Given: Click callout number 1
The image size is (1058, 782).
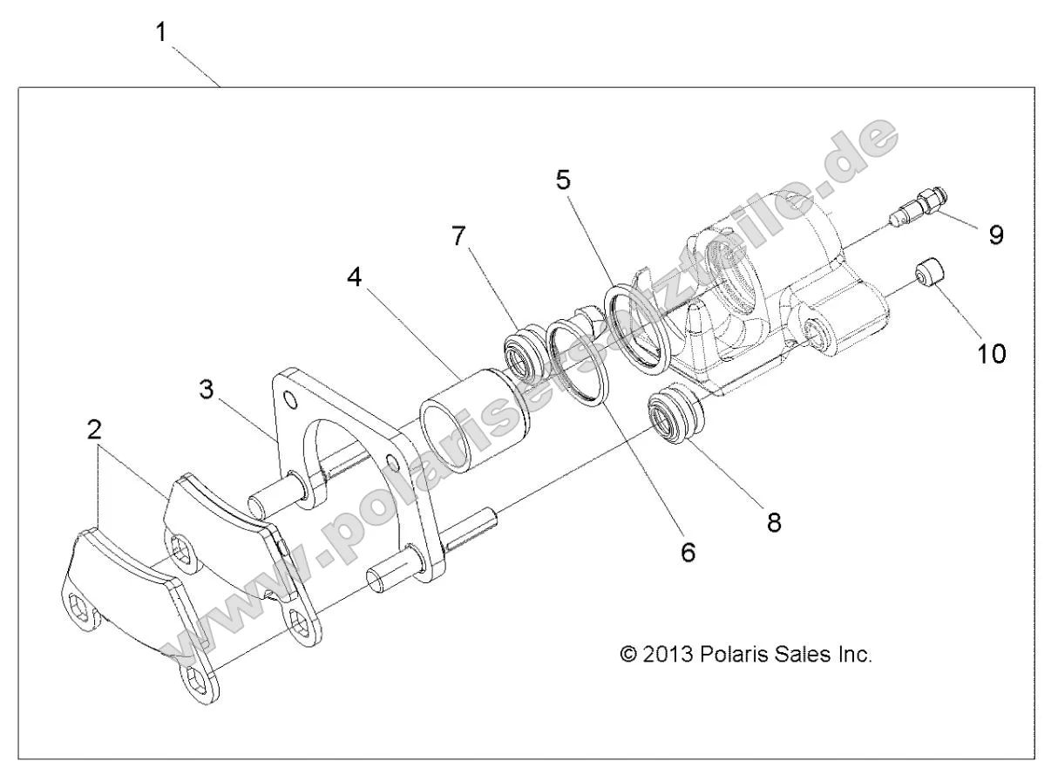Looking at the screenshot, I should pyautogui.click(x=161, y=33).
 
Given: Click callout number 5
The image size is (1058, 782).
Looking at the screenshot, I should pyautogui.click(x=563, y=180).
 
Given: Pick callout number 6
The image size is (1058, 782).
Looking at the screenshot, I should pyautogui.click(x=688, y=551).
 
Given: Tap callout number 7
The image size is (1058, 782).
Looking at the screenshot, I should pyautogui.click(x=458, y=235).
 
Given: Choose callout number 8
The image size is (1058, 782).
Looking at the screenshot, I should pyautogui.click(x=772, y=521).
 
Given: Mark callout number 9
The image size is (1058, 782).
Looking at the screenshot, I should pyautogui.click(x=996, y=235).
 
